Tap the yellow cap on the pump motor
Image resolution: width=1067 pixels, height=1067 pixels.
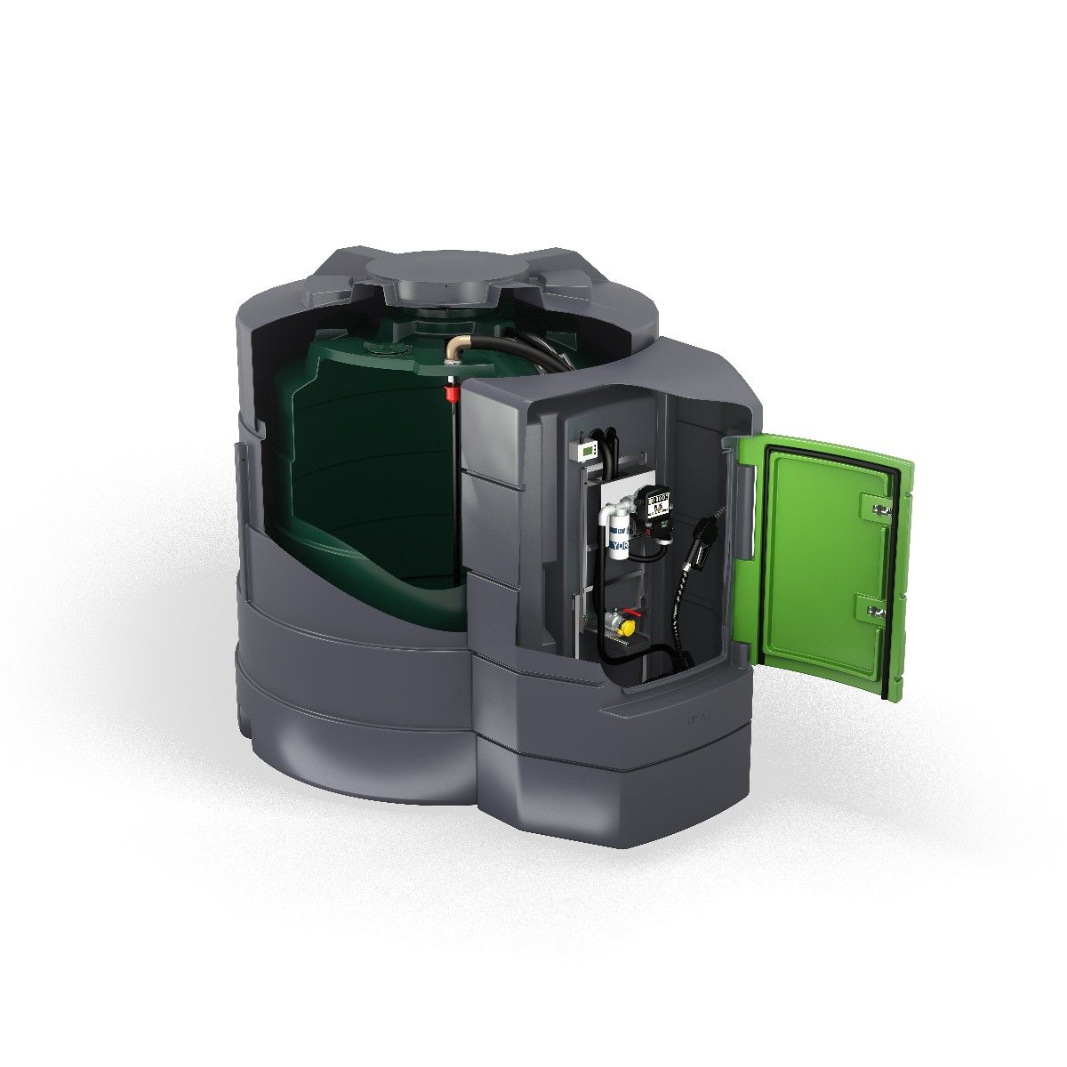pos(628,628)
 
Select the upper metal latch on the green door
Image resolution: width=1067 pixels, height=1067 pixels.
pos(878,509)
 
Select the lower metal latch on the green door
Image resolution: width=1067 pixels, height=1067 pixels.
pos(875,610)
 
